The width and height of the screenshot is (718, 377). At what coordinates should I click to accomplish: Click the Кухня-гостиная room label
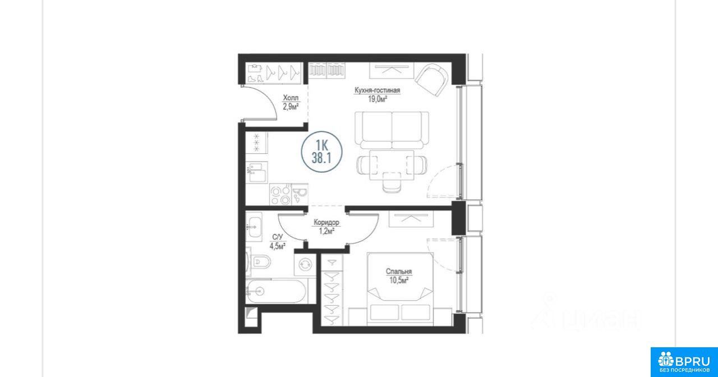point(377,90)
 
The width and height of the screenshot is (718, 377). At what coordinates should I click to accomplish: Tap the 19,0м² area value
point(378,99)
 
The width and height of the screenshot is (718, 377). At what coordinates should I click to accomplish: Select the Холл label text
point(291,98)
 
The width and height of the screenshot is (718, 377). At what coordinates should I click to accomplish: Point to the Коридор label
point(326,222)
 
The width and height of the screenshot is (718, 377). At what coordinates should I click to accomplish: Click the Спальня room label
point(399,272)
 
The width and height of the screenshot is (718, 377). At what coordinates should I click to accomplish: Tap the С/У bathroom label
point(278,237)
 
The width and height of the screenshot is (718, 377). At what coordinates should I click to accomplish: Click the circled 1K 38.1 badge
point(322,152)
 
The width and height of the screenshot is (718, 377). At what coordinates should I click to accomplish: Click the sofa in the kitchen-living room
point(392,130)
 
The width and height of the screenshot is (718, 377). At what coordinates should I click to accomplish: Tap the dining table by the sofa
point(392,165)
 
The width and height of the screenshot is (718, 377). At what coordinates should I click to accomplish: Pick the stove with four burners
point(280,195)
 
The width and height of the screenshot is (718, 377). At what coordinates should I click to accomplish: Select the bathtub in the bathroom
point(275,291)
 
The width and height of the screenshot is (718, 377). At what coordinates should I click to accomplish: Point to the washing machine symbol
point(305,264)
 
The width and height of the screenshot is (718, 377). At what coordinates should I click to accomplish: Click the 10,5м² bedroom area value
point(399,281)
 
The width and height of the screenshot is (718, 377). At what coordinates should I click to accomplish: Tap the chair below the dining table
point(392,182)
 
